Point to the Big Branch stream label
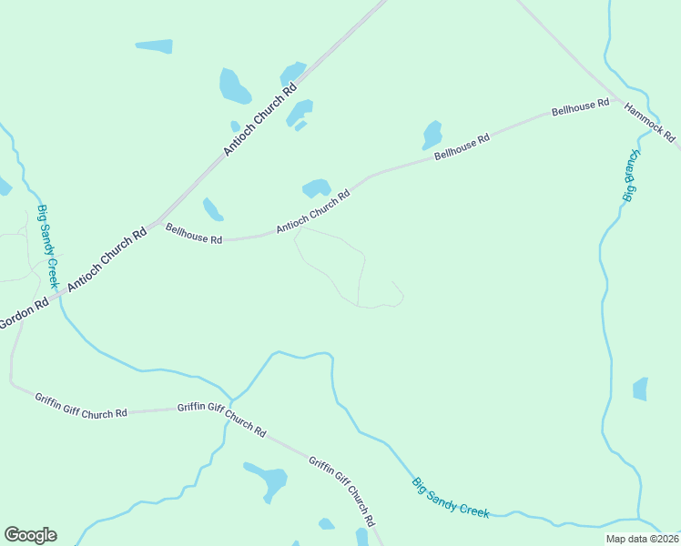(x=628, y=176)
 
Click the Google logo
(x=30, y=535)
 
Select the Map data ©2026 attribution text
(x=643, y=539)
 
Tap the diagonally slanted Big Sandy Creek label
(x=451, y=498)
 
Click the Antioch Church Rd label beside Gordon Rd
(x=107, y=259)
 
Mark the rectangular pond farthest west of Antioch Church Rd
(x=154, y=46)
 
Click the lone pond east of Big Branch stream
(x=640, y=389)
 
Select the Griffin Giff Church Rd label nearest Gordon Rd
(x=81, y=406)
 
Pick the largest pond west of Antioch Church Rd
(x=234, y=86)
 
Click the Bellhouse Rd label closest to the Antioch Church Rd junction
(x=193, y=234)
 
